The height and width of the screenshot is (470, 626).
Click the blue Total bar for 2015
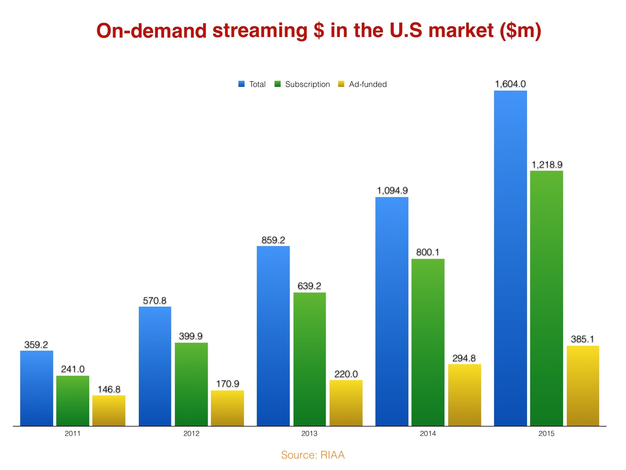[510, 258]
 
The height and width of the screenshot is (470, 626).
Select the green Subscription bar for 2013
[309, 359]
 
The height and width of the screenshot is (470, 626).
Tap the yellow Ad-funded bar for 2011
[109, 410]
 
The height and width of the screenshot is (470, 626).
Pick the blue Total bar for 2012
[155, 366]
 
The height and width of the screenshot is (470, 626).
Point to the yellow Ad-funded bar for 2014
[464, 395]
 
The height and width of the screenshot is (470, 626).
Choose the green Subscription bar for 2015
[546, 298]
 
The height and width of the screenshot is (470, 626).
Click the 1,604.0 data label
[510, 84]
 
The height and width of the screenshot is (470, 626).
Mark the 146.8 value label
[109, 389]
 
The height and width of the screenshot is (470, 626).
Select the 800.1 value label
[428, 252]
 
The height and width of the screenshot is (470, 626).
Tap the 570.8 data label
[155, 301]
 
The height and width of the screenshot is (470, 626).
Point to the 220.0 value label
[346, 374]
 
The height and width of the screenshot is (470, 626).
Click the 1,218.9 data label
[547, 164]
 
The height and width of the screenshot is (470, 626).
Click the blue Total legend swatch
[241, 84]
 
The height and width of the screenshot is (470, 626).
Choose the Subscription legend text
[307, 84]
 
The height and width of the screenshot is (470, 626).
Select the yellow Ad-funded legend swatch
[341, 84]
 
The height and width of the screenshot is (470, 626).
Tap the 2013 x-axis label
[309, 433]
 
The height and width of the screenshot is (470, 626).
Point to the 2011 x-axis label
[72, 433]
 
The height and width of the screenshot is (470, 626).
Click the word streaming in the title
[260, 31]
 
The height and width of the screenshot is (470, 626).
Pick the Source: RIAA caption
[313, 455]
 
